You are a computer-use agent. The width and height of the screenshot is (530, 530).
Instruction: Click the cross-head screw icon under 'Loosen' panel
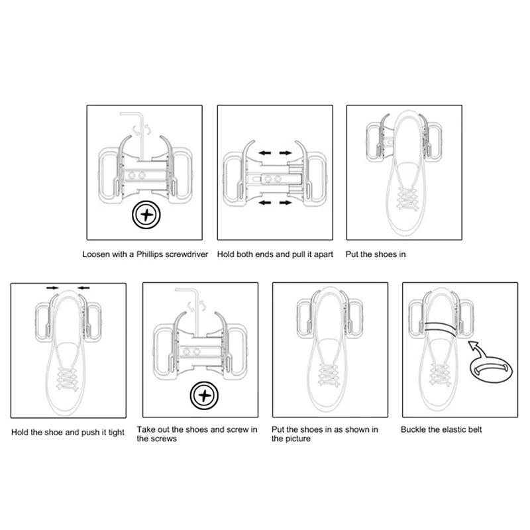146,215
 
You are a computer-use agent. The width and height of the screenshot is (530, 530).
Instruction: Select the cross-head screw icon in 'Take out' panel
204,396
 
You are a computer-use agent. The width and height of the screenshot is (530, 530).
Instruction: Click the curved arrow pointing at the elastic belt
478,350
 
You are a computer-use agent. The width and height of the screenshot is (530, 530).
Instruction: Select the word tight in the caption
117,433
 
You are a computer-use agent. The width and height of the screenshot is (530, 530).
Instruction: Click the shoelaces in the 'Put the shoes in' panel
407,199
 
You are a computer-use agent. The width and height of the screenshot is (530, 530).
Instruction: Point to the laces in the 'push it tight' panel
67,378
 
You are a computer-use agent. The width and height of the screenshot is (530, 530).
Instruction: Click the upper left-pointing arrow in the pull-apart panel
264,153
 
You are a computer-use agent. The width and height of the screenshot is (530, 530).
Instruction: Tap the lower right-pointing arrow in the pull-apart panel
286,203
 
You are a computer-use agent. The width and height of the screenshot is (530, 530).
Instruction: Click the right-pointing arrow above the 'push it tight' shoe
52,288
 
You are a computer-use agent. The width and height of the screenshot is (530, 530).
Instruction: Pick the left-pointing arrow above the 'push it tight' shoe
83,288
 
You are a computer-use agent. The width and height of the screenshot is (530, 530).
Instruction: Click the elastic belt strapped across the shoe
440,328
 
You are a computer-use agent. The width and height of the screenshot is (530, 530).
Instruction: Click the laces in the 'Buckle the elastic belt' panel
439,374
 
